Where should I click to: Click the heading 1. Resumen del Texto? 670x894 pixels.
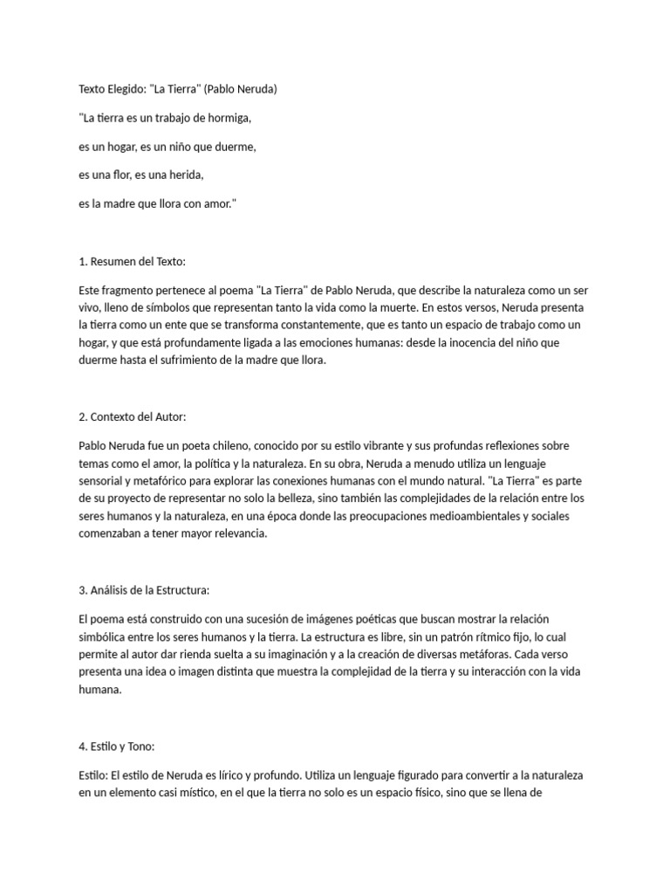tap(132, 261)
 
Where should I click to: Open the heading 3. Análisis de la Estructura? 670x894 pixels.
tap(144, 590)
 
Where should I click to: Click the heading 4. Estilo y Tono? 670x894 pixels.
tap(116, 746)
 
